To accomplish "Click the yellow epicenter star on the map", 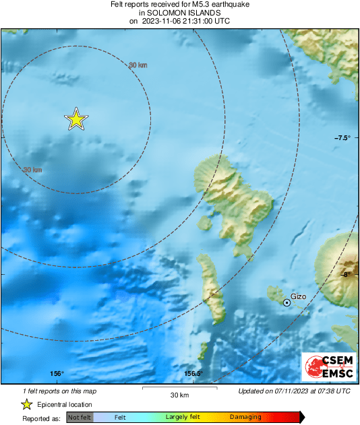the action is [76, 119].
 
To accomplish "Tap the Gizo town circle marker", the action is [287, 303].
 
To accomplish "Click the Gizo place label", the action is [298, 296].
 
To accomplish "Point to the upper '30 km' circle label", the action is [138, 65].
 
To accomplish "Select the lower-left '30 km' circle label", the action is [32, 170].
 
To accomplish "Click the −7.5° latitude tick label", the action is [342, 137].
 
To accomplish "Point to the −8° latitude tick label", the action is [347, 274].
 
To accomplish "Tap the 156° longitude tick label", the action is [57, 374].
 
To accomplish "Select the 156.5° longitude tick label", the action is [193, 374].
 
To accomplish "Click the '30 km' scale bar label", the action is [179, 395].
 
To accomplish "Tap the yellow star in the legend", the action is [26, 404].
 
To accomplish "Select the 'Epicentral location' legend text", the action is [65, 404].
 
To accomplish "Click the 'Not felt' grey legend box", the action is [79, 418].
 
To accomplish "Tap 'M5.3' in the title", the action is [193, 4].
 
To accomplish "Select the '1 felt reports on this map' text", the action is [59, 391].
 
